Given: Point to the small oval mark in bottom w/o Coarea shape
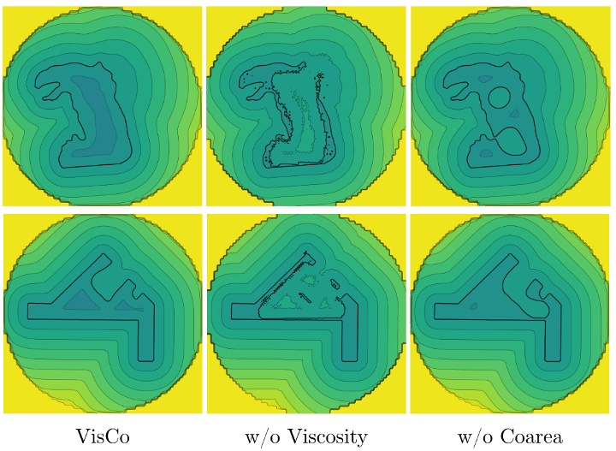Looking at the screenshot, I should coord(542,290).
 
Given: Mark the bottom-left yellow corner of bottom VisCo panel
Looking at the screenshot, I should coord(13,402).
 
